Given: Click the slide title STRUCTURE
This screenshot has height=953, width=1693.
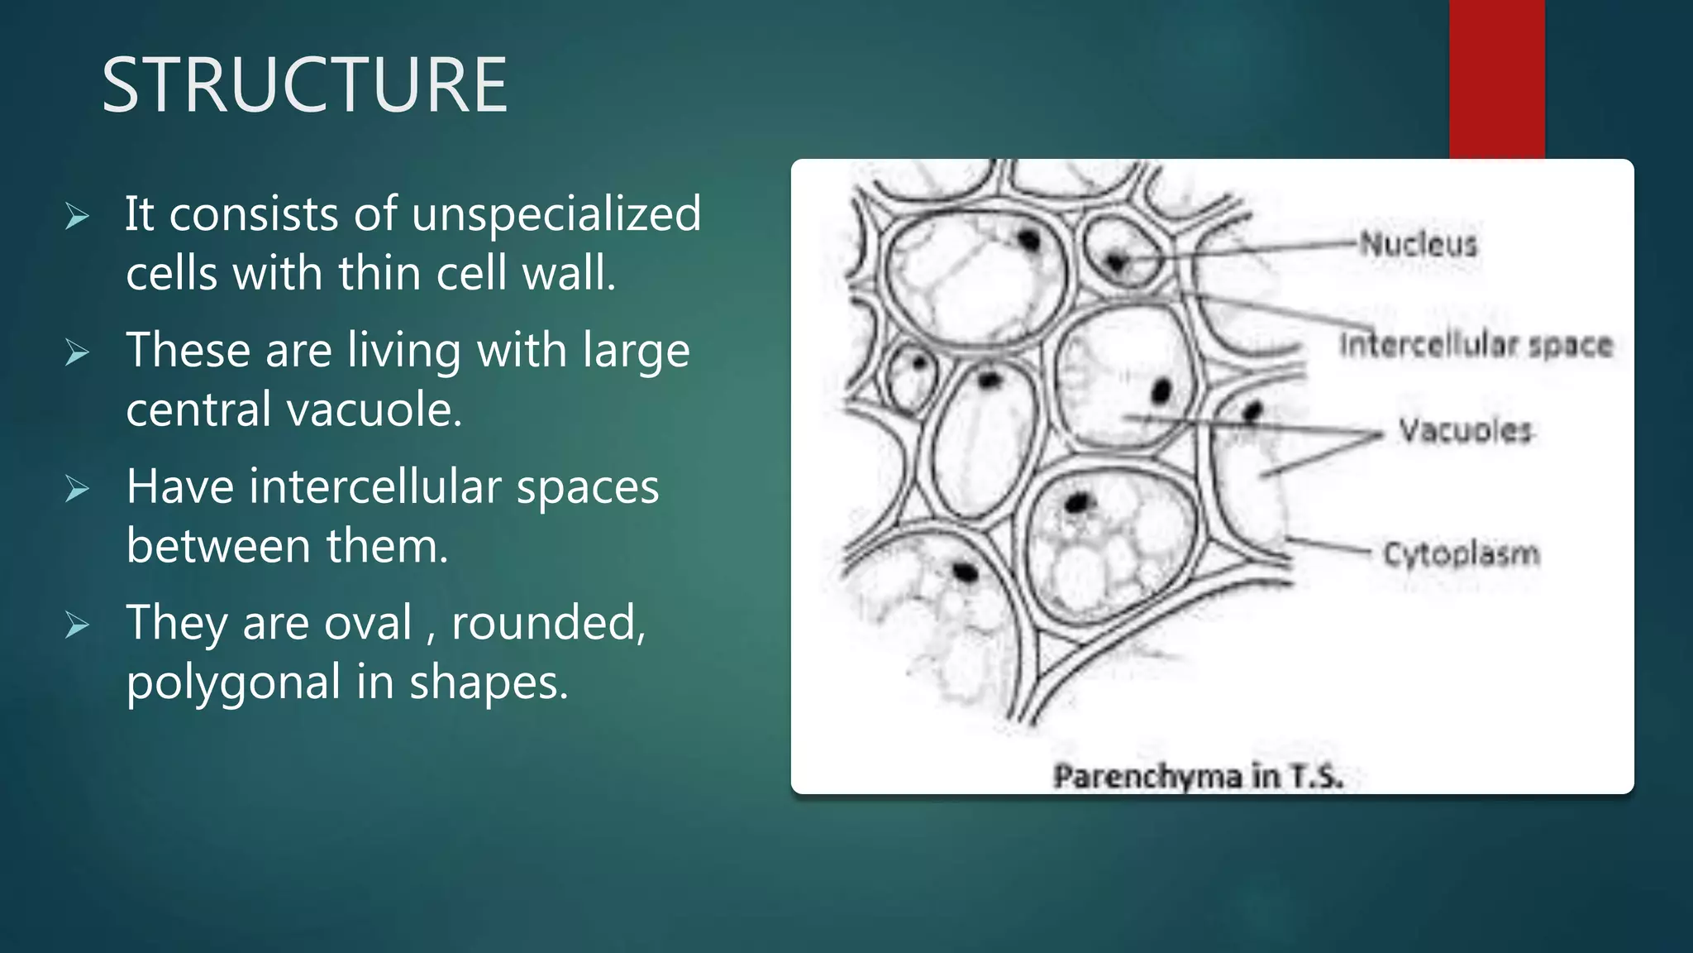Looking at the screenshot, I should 304,85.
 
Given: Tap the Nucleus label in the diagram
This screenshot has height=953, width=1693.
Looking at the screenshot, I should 1419,244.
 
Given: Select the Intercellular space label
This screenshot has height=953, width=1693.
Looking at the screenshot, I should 1476,345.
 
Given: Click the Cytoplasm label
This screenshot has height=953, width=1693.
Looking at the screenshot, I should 1462,553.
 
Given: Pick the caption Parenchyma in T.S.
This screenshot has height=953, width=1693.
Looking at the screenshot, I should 1198,776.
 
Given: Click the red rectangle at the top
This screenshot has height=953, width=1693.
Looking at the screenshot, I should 1496,79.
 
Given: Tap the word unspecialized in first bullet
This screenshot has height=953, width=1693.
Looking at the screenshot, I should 556,214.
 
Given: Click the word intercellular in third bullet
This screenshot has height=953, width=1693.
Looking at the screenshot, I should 374,486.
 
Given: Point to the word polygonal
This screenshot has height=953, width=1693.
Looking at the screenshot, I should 233,683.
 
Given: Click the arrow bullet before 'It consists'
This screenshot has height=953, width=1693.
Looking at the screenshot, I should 77,217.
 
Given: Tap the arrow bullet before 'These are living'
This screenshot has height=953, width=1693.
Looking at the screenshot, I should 77,353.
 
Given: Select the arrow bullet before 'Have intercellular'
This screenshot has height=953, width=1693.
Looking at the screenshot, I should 77,489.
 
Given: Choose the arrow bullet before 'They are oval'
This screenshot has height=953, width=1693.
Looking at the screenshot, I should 77,625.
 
